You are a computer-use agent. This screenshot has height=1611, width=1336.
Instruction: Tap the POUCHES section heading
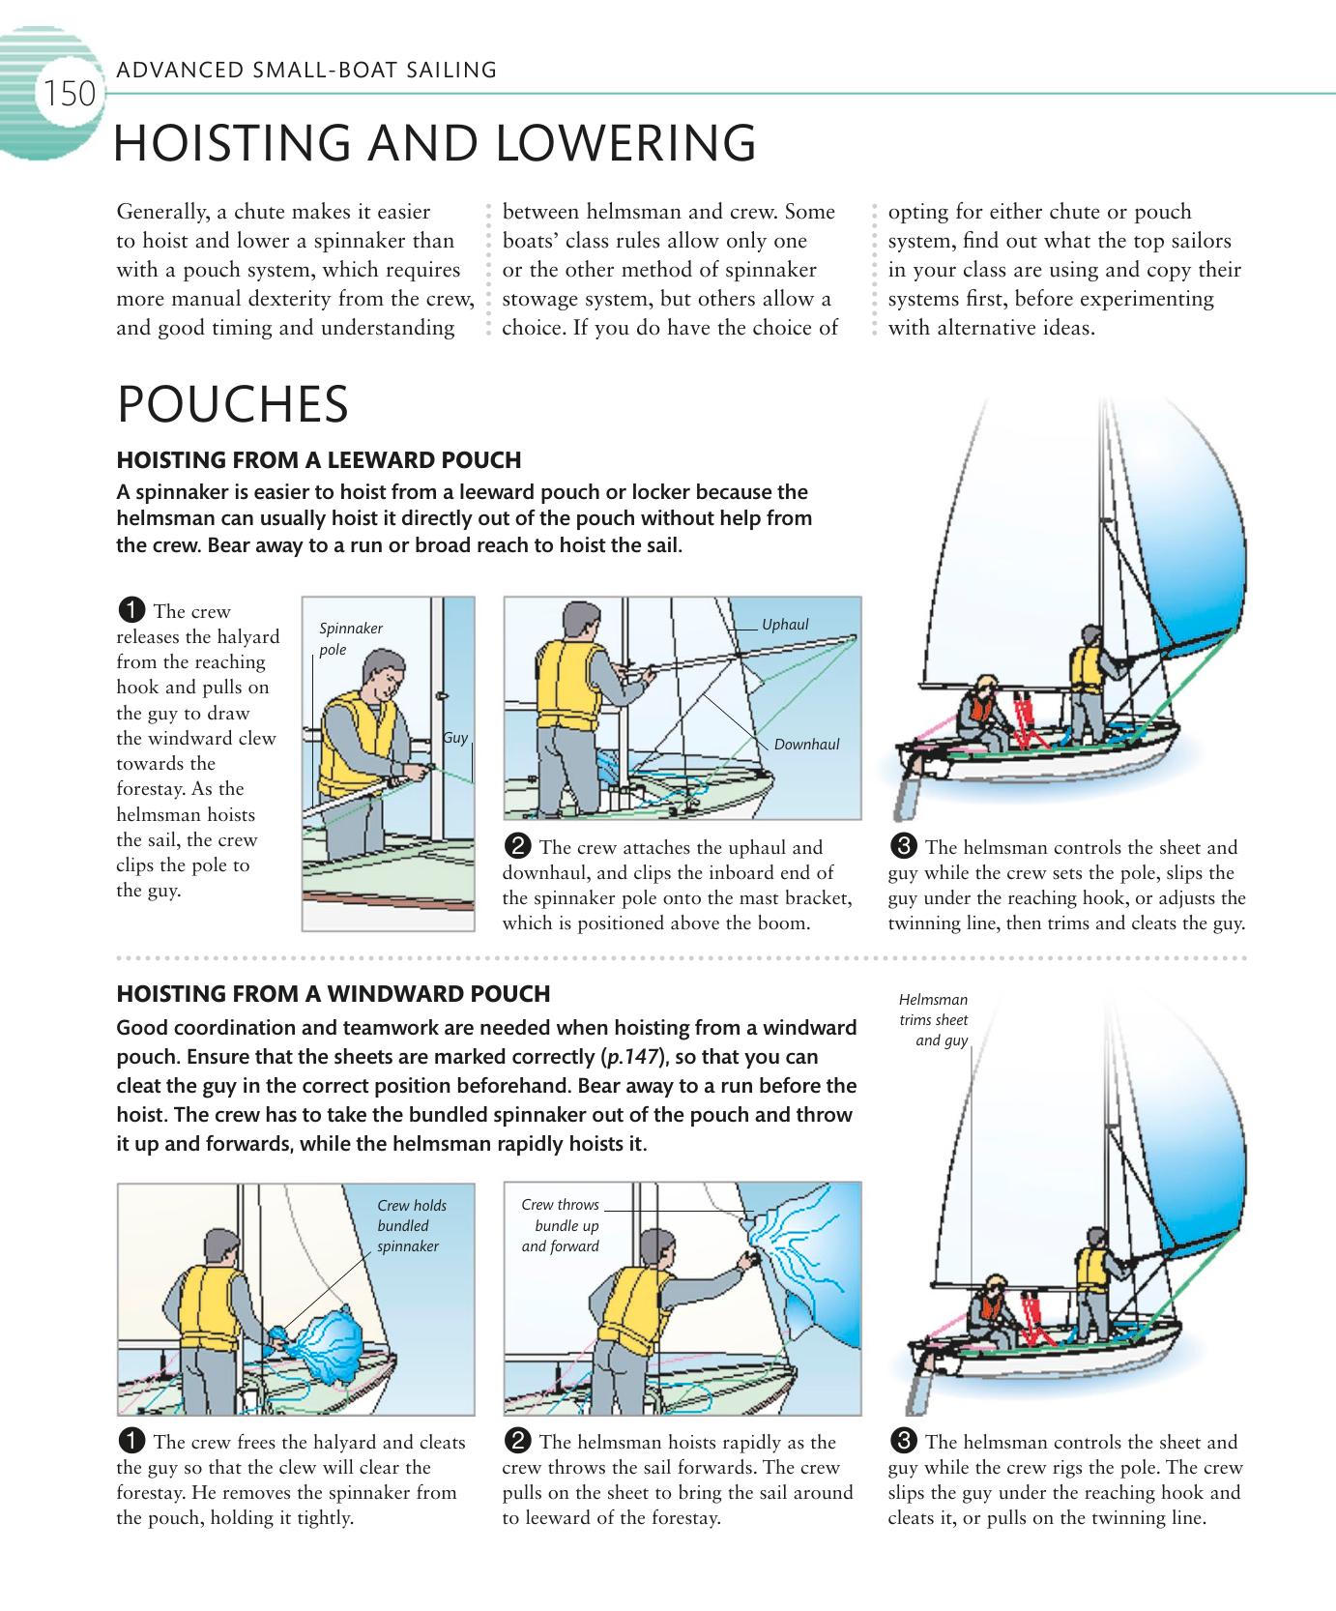click(x=232, y=404)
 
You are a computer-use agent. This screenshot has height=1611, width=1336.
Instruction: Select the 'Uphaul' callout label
click(x=784, y=625)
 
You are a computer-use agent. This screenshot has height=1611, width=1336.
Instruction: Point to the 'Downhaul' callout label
click(x=806, y=745)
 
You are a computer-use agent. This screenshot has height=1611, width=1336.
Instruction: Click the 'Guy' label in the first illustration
click(x=454, y=738)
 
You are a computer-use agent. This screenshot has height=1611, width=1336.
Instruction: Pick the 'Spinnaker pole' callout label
click(x=350, y=638)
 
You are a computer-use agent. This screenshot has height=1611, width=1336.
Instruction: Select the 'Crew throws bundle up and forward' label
click(x=560, y=1225)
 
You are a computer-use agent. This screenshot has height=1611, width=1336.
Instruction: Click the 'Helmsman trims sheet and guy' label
click(x=933, y=1020)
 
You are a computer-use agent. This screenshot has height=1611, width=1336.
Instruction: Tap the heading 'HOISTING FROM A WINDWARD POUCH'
click(x=333, y=994)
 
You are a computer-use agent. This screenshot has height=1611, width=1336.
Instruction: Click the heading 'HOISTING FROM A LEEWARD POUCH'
click(x=318, y=460)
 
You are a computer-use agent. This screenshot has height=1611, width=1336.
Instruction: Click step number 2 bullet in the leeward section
click(x=518, y=848)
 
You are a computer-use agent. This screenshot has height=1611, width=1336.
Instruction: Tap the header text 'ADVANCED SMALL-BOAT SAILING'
click(x=306, y=70)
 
